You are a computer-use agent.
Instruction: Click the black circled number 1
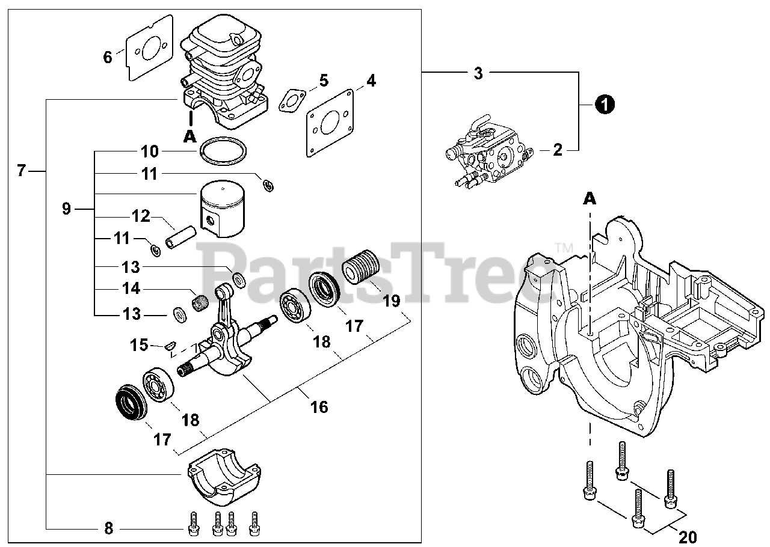coord(605,104)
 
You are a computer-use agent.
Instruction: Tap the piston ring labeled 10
coord(223,151)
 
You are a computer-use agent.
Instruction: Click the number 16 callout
coord(319,407)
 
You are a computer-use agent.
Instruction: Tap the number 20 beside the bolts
coord(688,537)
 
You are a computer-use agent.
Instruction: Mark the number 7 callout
coord(22,171)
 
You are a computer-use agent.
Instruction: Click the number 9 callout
coord(66,209)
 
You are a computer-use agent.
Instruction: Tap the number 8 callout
coord(109,529)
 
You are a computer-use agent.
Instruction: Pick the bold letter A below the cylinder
coord(190,136)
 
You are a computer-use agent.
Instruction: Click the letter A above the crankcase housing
coord(590,198)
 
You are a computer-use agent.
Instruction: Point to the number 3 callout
coord(478,73)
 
